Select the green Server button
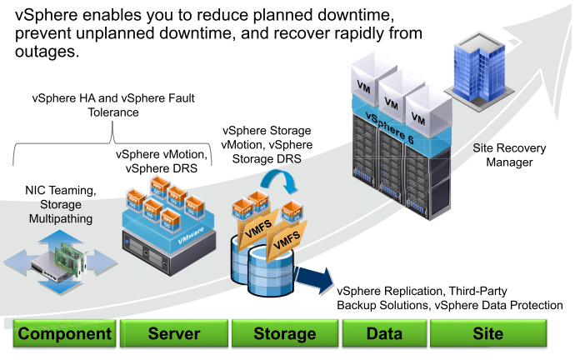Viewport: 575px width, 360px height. [x=173, y=334]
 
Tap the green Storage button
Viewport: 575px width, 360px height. [x=284, y=334]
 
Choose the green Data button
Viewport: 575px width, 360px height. [x=384, y=334]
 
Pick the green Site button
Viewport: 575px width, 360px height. [x=487, y=334]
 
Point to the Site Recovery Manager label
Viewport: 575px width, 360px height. [x=509, y=155]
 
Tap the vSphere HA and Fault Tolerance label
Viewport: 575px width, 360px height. [x=113, y=105]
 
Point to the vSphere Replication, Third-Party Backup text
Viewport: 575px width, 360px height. [x=449, y=298]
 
